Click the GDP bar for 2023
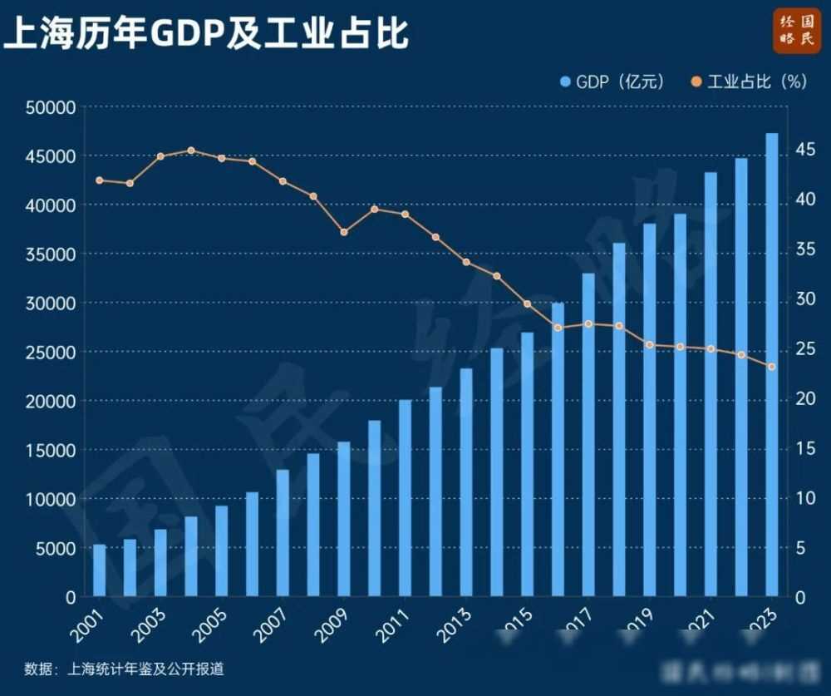[772, 366]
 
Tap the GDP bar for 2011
[405, 499]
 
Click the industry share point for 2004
[191, 151]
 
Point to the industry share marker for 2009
[344, 232]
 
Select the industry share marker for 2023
[772, 367]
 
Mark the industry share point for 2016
[558, 328]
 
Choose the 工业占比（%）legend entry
[748, 81]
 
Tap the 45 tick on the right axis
[805, 150]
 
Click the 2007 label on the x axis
[273, 624]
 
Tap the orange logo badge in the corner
[796, 30]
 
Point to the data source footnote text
[124, 669]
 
